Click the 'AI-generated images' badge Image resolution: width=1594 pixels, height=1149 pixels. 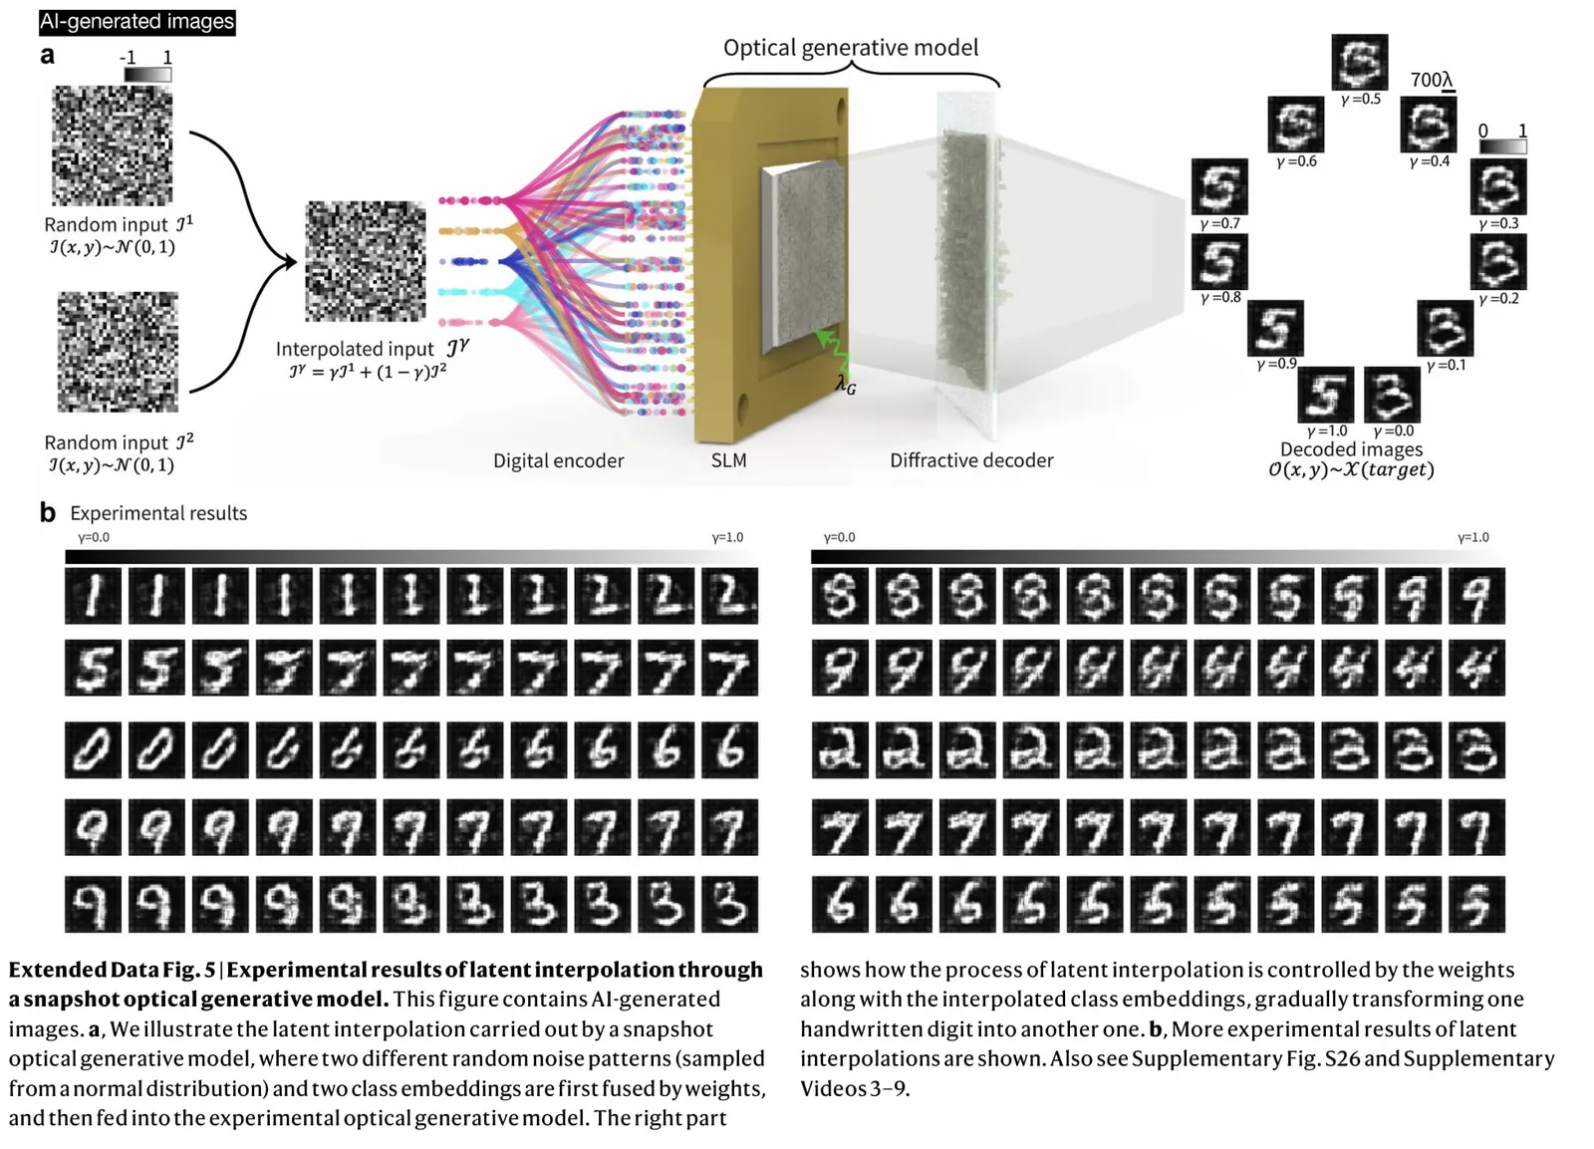[x=136, y=21]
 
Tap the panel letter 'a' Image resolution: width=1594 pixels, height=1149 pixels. [x=47, y=56]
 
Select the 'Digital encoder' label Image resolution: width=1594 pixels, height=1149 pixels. [x=558, y=460]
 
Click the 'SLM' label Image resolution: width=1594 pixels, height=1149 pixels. [x=728, y=460]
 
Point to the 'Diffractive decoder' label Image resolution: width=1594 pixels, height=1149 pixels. [x=970, y=460]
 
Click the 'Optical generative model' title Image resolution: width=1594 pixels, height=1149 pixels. [x=850, y=48]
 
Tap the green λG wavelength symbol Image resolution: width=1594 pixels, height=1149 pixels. [x=845, y=384]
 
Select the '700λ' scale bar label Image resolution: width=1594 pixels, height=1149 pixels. [x=1431, y=80]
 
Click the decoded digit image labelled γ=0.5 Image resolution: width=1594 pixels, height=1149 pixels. [x=1359, y=62]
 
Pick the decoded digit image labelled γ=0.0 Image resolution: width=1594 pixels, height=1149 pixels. [x=1392, y=395]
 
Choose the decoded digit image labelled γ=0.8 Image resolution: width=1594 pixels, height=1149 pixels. [x=1219, y=261]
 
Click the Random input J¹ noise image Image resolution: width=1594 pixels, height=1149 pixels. [x=112, y=145]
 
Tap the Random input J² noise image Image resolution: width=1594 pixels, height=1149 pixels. [x=118, y=351]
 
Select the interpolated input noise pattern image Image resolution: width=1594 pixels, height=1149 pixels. [x=365, y=261]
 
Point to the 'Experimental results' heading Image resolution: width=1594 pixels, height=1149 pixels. [x=158, y=513]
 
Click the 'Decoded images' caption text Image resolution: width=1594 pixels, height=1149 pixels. [x=1351, y=449]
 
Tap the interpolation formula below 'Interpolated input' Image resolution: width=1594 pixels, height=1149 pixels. [x=368, y=372]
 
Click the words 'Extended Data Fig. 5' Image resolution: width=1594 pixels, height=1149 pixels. [x=112, y=970]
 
